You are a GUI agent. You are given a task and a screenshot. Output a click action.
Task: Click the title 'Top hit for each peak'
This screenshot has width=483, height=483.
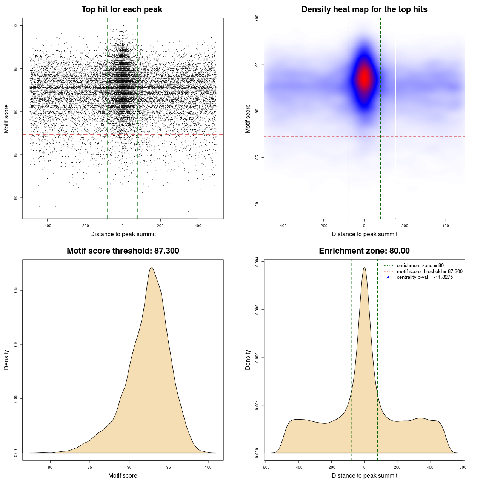click(x=122, y=9)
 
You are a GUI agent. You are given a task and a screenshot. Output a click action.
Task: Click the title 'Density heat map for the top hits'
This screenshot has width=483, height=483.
click(x=364, y=9)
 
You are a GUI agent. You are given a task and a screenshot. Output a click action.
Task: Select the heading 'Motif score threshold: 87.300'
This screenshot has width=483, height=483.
click(x=123, y=251)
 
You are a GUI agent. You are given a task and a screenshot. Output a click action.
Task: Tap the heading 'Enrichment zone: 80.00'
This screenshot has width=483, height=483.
click(x=364, y=251)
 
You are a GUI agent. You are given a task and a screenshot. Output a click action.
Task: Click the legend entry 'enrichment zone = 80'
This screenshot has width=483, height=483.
click(x=420, y=266)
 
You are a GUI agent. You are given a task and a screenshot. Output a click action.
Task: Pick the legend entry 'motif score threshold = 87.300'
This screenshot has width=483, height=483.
click(x=429, y=271)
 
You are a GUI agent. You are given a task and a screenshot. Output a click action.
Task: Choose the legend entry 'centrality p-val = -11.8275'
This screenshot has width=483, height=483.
click(x=425, y=277)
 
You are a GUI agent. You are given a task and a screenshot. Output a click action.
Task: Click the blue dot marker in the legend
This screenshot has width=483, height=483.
click(x=388, y=277)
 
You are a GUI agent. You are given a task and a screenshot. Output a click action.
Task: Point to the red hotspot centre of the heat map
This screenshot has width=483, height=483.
click(x=364, y=78)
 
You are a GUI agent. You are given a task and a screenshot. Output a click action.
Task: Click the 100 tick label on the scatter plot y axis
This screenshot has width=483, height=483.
click(x=16, y=25)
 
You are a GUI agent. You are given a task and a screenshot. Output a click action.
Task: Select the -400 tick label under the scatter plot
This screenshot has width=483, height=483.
click(x=47, y=226)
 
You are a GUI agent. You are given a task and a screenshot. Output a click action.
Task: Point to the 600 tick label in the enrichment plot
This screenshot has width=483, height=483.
click(x=463, y=467)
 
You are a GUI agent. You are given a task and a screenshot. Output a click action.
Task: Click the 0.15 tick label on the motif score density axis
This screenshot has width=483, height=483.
click(x=16, y=290)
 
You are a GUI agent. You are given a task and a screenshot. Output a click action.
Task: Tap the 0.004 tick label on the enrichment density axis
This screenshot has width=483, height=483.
click(x=257, y=262)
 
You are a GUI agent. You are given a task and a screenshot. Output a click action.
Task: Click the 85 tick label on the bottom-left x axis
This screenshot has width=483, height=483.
click(x=90, y=467)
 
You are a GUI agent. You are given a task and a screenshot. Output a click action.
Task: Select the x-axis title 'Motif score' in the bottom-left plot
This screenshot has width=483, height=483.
click(x=123, y=475)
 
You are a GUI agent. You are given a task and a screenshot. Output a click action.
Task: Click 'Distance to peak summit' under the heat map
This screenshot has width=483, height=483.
click(x=364, y=234)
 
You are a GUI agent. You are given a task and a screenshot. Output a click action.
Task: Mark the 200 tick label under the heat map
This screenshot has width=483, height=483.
click(x=405, y=226)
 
